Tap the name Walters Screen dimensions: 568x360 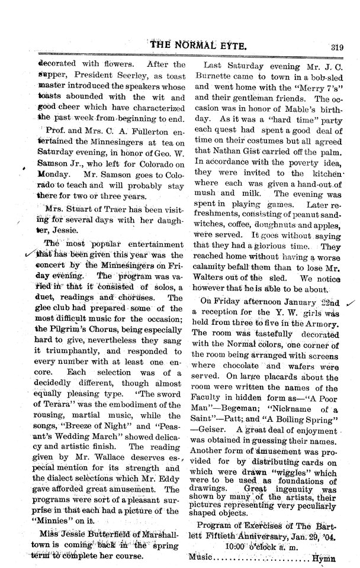pos(220,278)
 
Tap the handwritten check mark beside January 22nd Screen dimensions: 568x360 pos(349,304)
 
